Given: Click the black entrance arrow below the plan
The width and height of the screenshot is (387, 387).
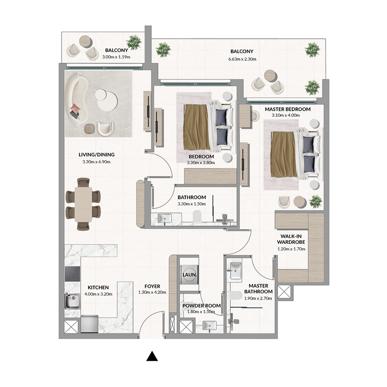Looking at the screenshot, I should pos(152,357).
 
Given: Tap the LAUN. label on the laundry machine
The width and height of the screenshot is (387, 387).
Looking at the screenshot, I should pos(189,275).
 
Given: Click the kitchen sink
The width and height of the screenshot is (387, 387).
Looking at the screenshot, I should pos(72,301).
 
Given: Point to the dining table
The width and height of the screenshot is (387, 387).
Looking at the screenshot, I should pos(83,204).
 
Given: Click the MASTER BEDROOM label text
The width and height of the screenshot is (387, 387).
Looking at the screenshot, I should pos(287,109).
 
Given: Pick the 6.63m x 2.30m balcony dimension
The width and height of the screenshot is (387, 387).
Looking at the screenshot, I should pos(241,59).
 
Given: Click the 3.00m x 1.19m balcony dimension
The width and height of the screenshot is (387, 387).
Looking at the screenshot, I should pos(116,57).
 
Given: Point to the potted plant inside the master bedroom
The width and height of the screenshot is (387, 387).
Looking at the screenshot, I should pos(316,200).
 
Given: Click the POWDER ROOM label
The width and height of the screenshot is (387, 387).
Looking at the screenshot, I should pos(201,306).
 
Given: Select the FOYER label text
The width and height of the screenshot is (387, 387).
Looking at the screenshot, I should pos(152,286).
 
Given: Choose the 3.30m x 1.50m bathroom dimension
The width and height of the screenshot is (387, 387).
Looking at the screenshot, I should pos(192,204).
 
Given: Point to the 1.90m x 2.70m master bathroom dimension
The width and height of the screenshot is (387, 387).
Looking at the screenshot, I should pos(259,298).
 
